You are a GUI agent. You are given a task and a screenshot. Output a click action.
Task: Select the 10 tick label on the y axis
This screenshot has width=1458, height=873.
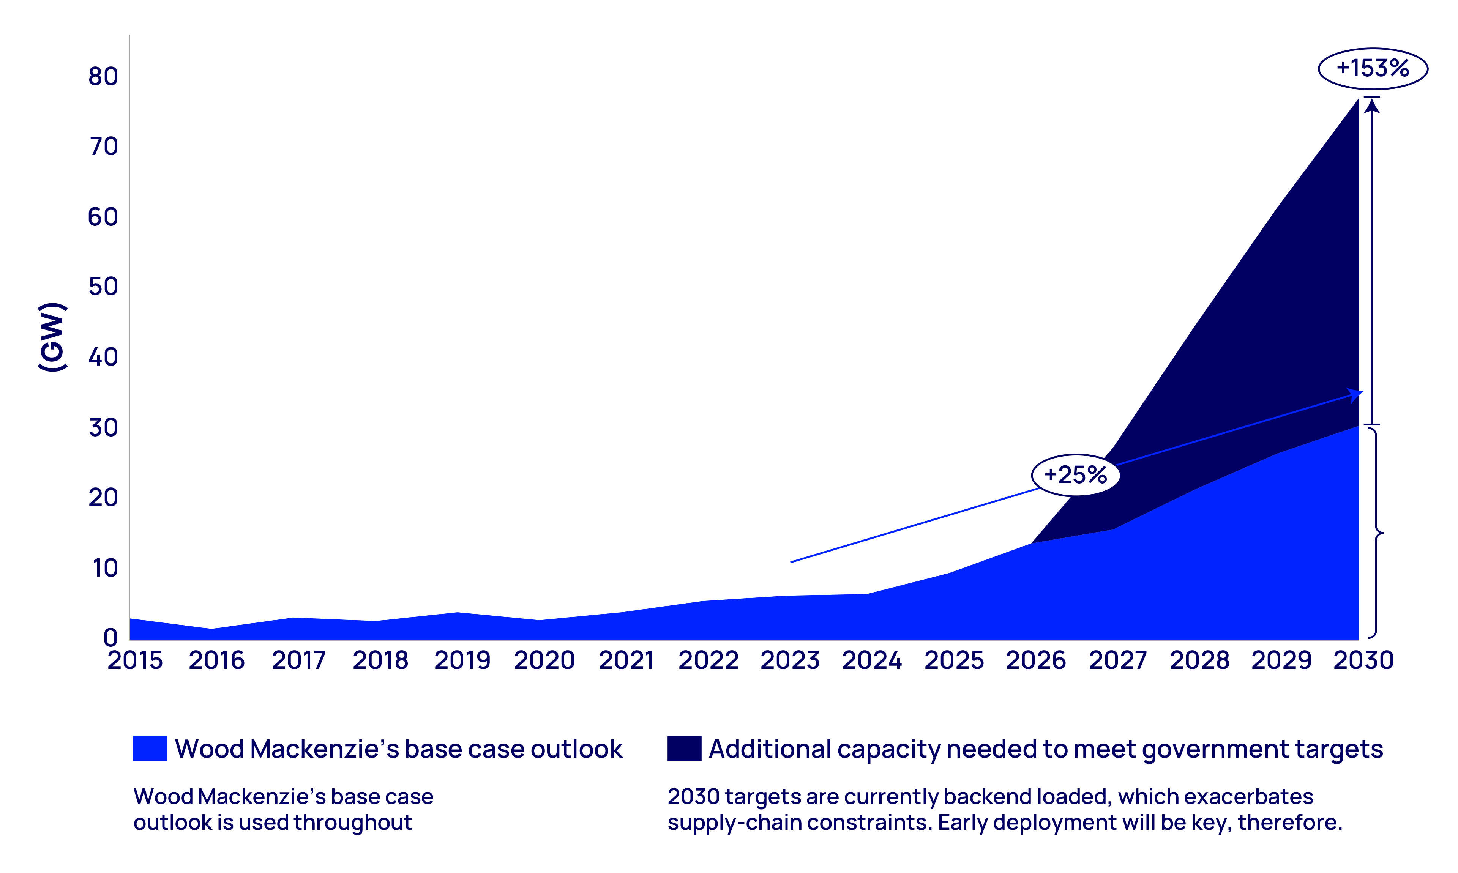tap(105, 568)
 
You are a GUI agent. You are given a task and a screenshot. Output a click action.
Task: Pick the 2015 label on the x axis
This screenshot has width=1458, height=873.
tap(135, 660)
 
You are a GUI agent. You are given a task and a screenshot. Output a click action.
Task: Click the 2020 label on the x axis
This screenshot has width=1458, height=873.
tap(544, 660)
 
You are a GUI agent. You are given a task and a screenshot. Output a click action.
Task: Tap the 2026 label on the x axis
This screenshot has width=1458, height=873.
tap(1035, 660)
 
